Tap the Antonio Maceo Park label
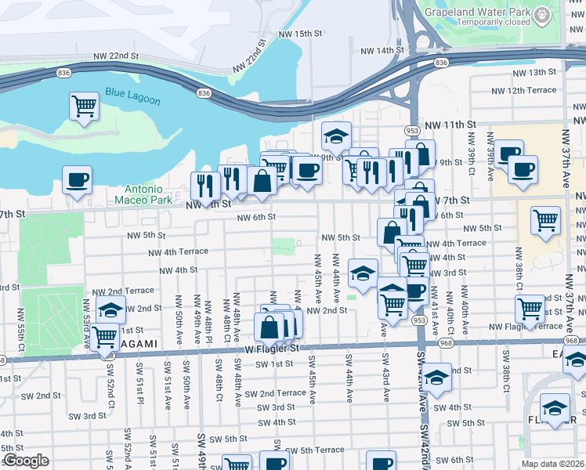coord(143,194)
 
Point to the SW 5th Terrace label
coord(315,450)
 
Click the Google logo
coord(26,461)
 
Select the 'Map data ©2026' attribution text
coord(552,464)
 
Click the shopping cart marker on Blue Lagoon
coord(84,106)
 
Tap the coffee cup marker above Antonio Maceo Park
coord(77,180)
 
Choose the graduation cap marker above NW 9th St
coord(336,136)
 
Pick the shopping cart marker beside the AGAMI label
coord(104,338)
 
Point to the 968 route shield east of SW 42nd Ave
coord(445,342)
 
